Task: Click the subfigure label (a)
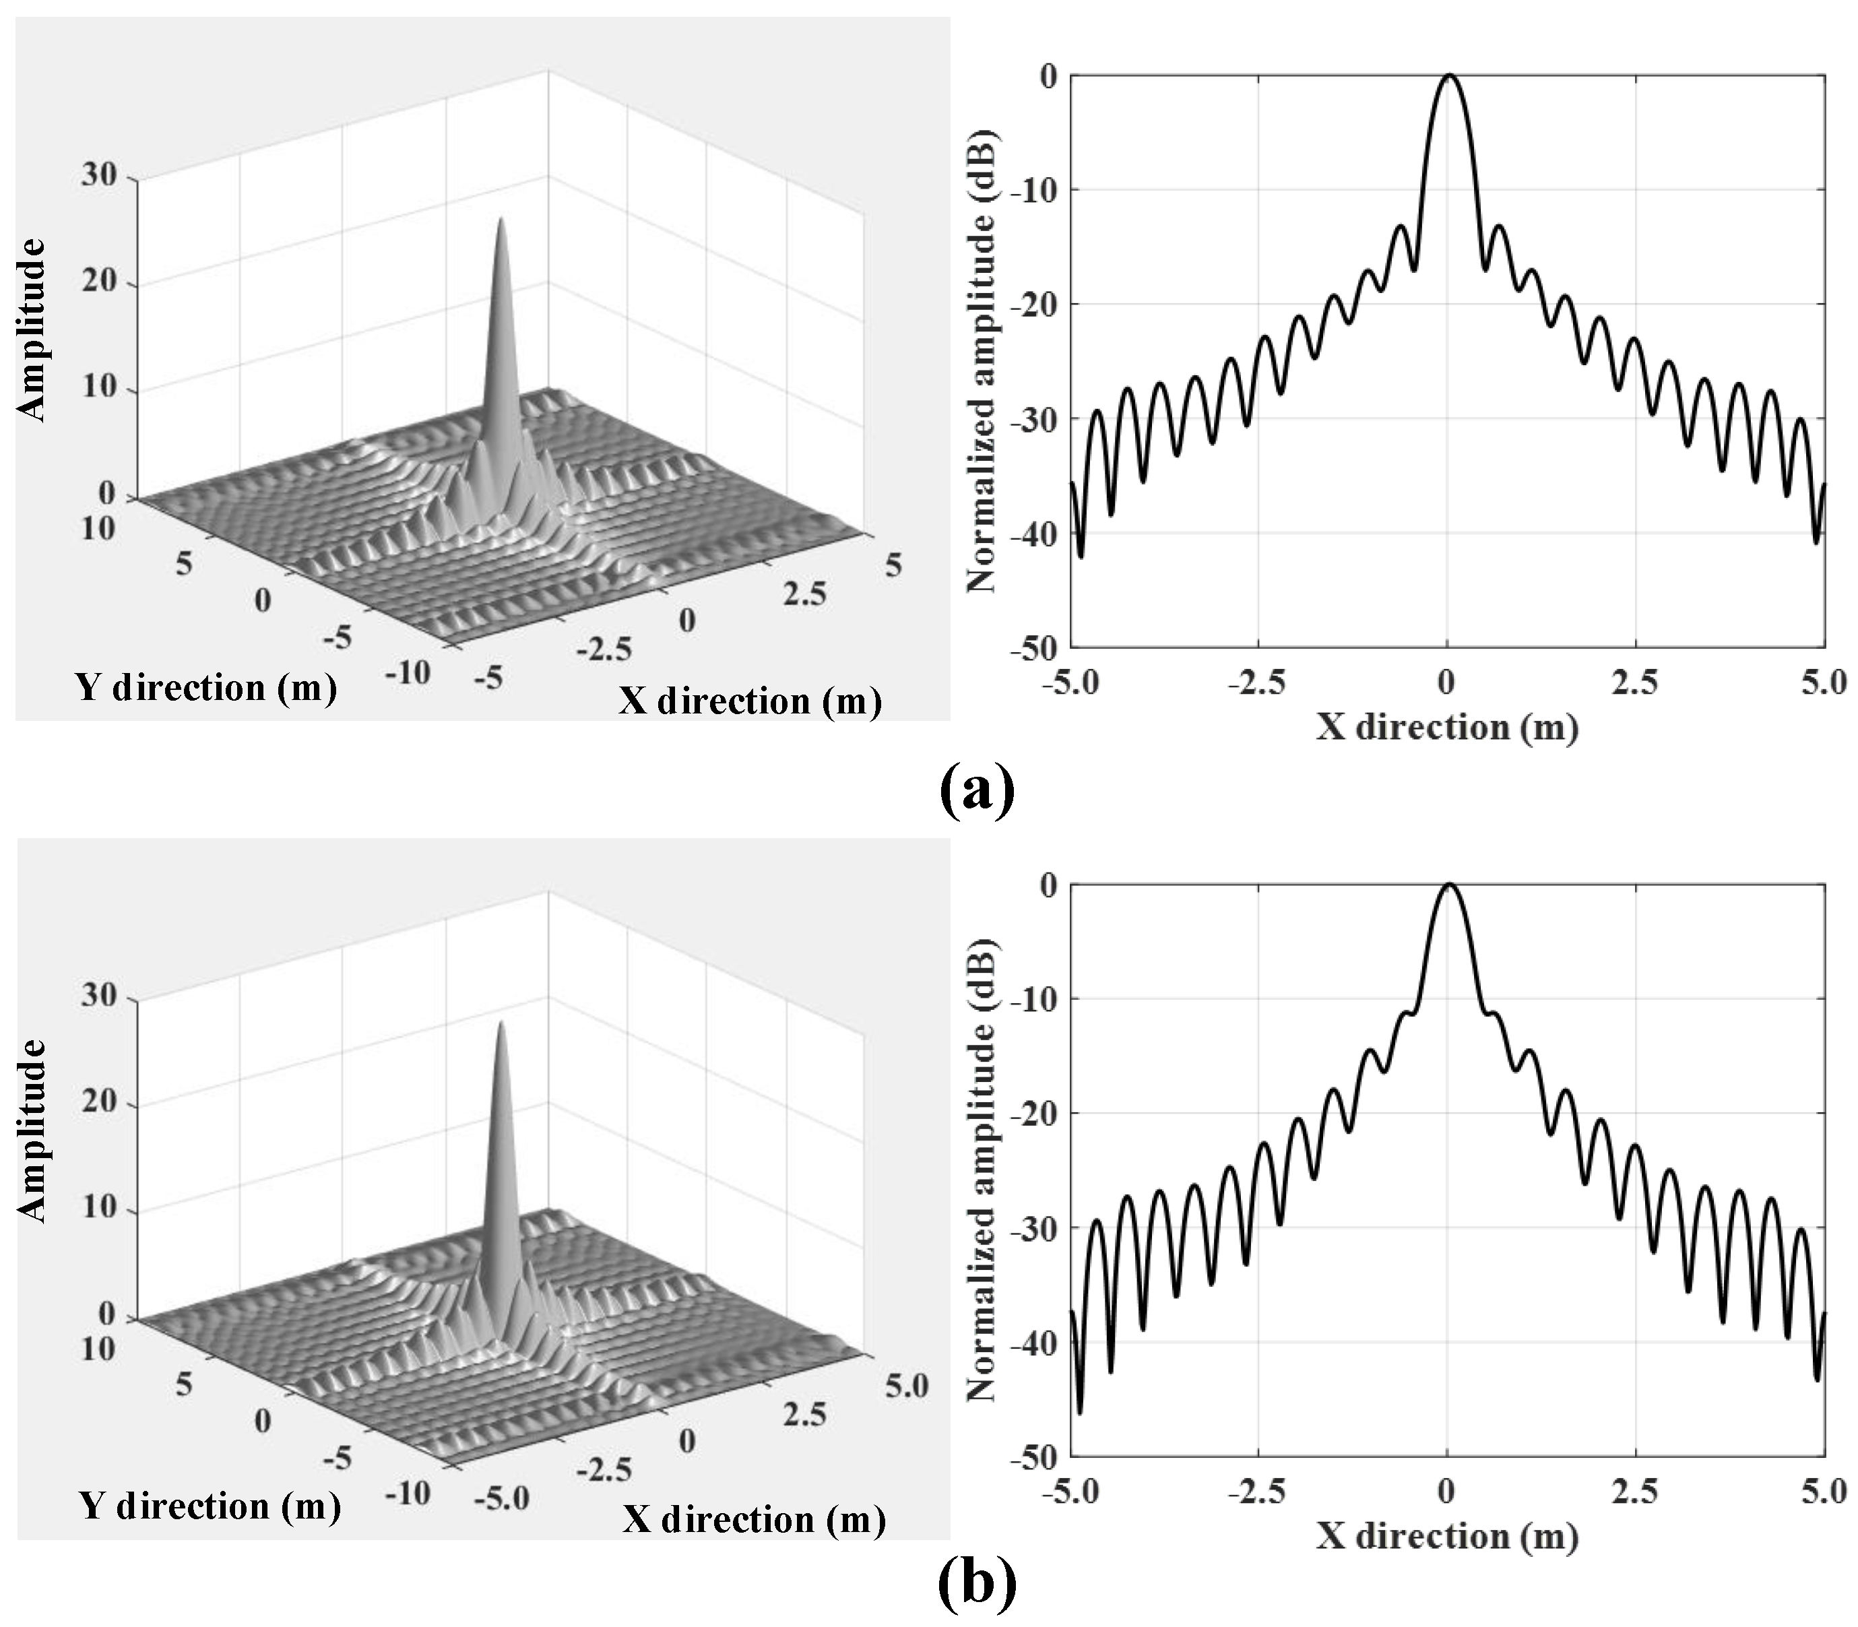(977, 791)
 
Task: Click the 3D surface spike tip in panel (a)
(500, 219)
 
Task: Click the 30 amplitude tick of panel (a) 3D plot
(100, 174)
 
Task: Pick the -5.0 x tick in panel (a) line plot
(1072, 682)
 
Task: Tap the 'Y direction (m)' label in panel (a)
(206, 687)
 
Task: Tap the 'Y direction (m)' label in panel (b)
(210, 1506)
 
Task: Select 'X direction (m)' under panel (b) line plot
(1447, 1536)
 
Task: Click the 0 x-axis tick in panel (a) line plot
(1447, 682)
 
